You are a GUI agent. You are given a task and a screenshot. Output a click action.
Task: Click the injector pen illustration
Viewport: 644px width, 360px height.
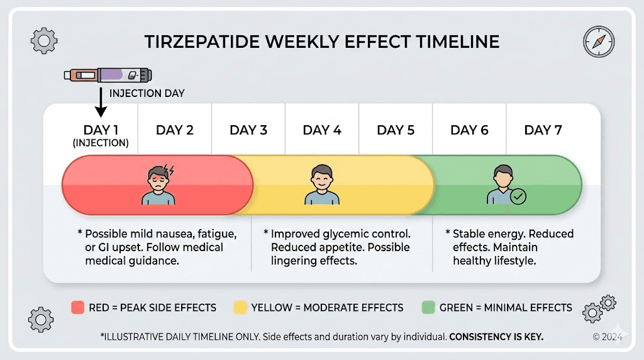(108, 75)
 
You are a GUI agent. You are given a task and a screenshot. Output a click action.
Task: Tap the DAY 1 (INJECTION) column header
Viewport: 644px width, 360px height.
(101, 135)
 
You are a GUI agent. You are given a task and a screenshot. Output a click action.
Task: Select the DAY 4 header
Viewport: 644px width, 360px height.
(322, 130)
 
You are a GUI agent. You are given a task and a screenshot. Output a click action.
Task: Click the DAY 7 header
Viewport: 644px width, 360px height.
(543, 130)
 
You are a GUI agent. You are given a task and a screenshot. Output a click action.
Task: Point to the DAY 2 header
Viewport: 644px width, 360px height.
(174, 130)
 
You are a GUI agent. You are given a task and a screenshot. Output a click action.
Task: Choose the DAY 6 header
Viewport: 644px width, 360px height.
(469, 130)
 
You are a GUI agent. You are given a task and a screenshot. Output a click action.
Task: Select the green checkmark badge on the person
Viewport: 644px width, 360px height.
(518, 196)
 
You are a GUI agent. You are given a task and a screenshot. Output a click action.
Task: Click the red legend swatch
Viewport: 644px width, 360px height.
(77, 308)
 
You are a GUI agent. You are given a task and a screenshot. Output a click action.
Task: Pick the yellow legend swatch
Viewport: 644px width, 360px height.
(240, 308)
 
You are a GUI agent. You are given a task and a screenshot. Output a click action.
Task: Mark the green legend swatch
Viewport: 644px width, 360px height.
(428, 308)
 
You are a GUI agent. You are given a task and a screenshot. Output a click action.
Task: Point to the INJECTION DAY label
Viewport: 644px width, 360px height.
(147, 93)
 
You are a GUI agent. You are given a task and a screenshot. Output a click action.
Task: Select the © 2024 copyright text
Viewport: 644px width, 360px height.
(607, 337)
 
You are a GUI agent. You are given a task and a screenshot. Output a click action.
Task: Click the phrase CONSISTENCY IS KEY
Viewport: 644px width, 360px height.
(496, 337)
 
